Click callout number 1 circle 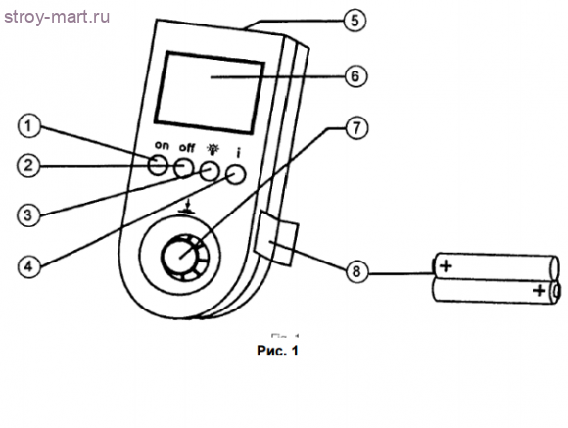pyautogui.click(x=29, y=126)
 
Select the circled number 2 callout pyautogui.click(x=28, y=166)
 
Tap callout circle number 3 pyautogui.click(x=28, y=215)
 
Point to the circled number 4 pyautogui.click(x=29, y=266)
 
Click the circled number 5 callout pyautogui.click(x=355, y=21)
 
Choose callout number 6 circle pyautogui.click(x=355, y=76)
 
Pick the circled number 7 pyautogui.click(x=356, y=128)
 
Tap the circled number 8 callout pyautogui.click(x=356, y=271)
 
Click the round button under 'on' pyautogui.click(x=158, y=165)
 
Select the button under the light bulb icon pyautogui.click(x=210, y=170)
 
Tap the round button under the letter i pyautogui.click(x=235, y=174)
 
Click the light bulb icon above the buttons pyautogui.click(x=213, y=149)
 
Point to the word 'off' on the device pyautogui.click(x=187, y=148)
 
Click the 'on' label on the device pyautogui.click(x=162, y=145)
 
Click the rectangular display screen pyautogui.click(x=210, y=93)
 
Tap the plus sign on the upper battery pyautogui.click(x=446, y=266)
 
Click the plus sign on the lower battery pyautogui.click(x=539, y=290)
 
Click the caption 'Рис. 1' pyautogui.click(x=277, y=350)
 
